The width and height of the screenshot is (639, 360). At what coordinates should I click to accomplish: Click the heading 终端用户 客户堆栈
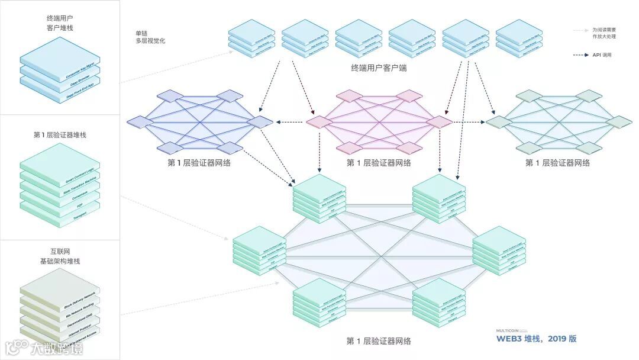point(59,23)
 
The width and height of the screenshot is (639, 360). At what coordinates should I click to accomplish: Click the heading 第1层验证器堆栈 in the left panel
point(59,135)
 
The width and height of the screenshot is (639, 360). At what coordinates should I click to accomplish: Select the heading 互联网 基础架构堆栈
point(59,256)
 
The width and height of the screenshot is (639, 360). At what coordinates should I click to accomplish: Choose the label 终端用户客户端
point(379,67)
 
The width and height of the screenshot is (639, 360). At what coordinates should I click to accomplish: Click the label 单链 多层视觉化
point(150,37)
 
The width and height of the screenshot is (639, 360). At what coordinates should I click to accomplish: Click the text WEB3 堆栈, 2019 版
point(536,339)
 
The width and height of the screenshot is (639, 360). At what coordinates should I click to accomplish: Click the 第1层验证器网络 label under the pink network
point(379,163)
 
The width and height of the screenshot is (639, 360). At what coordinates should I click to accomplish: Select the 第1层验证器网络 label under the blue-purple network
point(199,163)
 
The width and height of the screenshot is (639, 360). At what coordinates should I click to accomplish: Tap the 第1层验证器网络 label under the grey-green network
point(557,163)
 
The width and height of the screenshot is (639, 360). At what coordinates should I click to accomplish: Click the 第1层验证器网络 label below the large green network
point(379,341)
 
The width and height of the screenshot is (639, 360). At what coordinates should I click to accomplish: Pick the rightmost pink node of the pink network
point(439,121)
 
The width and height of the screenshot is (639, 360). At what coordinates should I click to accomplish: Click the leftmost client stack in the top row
point(252,40)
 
